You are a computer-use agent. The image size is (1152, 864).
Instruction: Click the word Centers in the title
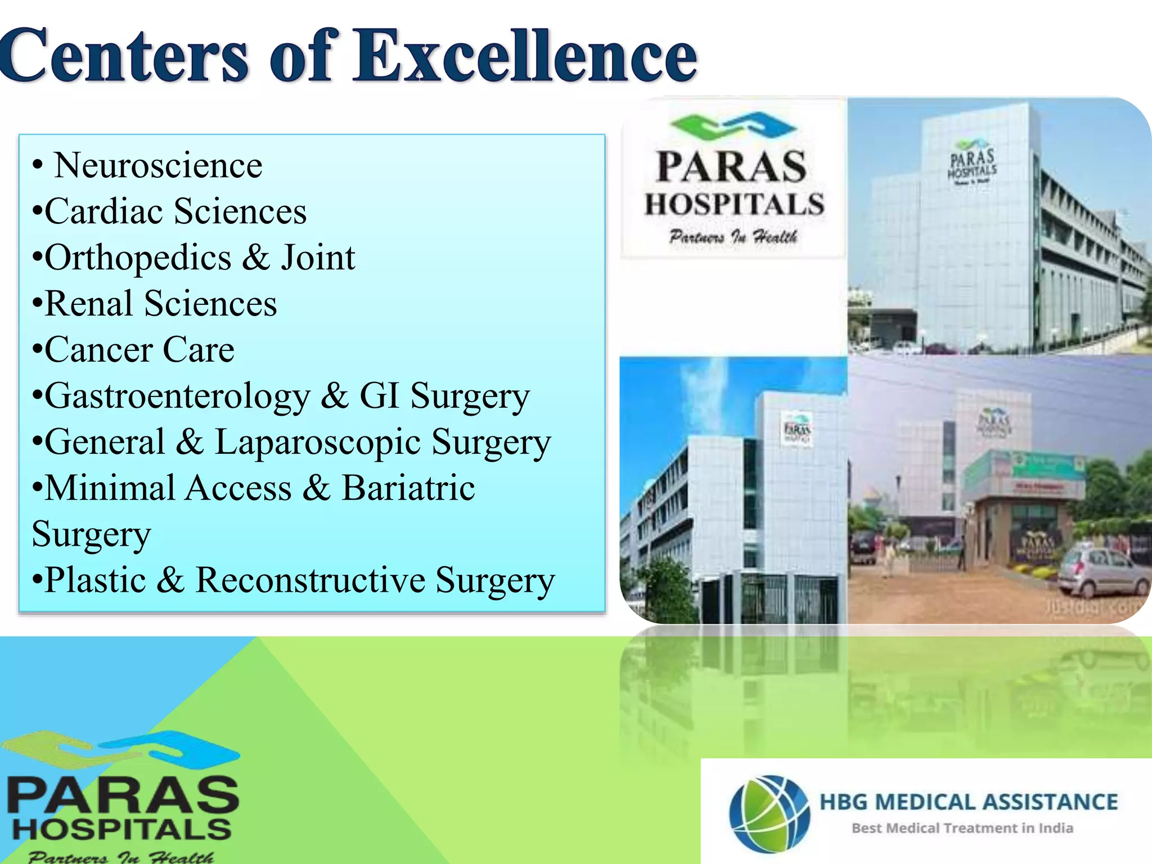[x=124, y=56]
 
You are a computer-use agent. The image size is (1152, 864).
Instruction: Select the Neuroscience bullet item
[x=157, y=166]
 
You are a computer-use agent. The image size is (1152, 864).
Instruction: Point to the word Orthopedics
[x=138, y=258]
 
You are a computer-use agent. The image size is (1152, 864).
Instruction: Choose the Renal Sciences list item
[x=160, y=304]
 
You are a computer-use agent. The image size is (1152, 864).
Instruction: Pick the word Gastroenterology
[x=177, y=397]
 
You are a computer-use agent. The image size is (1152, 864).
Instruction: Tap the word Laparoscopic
[x=318, y=443]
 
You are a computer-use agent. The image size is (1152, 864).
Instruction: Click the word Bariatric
[x=408, y=488]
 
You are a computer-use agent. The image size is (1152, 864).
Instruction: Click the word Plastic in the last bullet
[x=96, y=580]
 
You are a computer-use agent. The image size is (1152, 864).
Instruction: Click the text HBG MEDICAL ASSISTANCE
[x=968, y=802]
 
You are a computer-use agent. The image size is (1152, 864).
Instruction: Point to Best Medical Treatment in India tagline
[x=962, y=828]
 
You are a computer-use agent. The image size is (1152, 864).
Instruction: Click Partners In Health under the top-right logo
[x=733, y=237]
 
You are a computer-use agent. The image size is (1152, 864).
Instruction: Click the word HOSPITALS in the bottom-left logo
[x=121, y=829]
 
